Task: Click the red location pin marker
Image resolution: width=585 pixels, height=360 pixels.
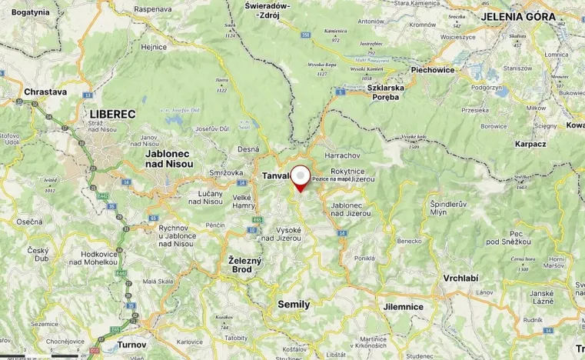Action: (299, 178)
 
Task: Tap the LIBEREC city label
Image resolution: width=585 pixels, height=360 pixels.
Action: (112, 114)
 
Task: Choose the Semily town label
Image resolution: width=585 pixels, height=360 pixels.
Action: (294, 304)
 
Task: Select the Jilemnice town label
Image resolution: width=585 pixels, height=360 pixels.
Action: (404, 306)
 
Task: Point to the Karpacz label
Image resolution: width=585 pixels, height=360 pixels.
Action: (531, 144)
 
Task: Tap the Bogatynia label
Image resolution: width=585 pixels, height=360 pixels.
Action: (31, 12)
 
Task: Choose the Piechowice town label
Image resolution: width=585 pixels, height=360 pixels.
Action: (433, 70)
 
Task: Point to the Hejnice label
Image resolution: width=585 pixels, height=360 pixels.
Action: (154, 47)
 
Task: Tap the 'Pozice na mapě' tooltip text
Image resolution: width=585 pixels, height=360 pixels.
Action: (331, 178)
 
